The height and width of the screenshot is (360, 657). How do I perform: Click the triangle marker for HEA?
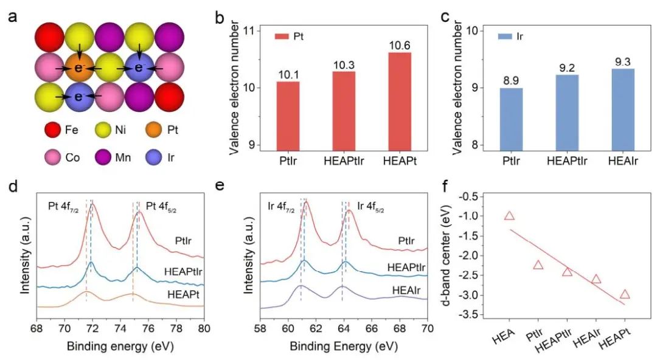tap(509, 216)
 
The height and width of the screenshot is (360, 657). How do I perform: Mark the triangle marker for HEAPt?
tap(625, 295)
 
